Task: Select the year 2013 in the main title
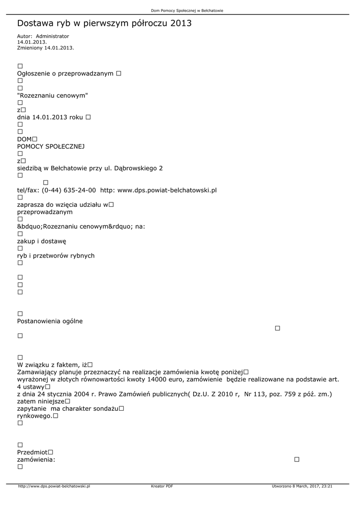pos(180,23)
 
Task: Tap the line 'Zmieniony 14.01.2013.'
pos(45,48)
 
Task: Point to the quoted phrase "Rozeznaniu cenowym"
pos(53,95)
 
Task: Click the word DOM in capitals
pos(24,139)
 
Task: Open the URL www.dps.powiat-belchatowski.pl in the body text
pos(167,190)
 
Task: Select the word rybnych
pos(82,255)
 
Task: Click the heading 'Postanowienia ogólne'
pos(50,321)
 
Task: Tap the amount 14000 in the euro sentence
pos(158,379)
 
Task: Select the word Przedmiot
pos(32,452)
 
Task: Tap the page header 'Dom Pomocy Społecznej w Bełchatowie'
pos(180,10)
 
